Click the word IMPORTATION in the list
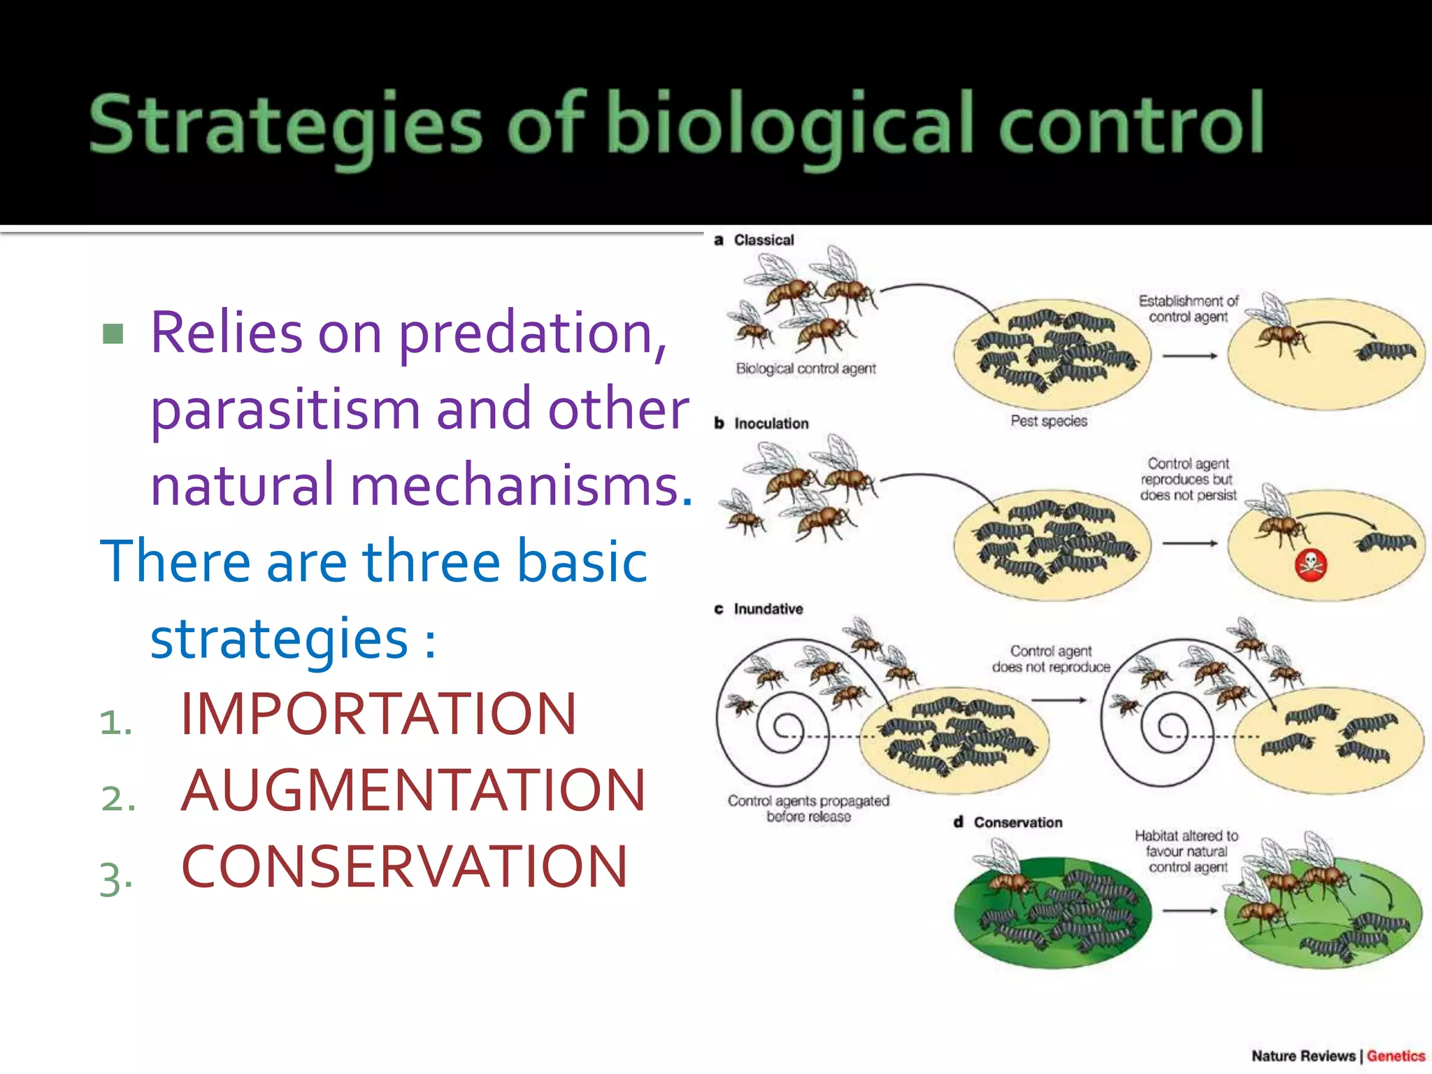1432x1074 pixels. (x=378, y=714)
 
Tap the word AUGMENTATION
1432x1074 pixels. (x=413, y=790)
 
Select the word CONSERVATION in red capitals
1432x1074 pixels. (x=404, y=866)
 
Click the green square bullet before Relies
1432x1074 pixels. (x=113, y=334)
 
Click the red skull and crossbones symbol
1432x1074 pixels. (x=1311, y=565)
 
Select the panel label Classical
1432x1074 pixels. (x=764, y=240)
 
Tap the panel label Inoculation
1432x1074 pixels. (x=771, y=423)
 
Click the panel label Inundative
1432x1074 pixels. (x=768, y=609)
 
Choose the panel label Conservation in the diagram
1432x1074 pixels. (x=1017, y=822)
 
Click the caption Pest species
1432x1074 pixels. (x=1049, y=421)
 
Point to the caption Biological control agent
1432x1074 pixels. (x=805, y=368)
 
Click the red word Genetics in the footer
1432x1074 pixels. (x=1396, y=1056)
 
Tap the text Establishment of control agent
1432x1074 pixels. (x=1188, y=308)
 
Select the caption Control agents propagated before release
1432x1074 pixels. (x=808, y=808)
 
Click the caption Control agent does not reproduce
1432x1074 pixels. (x=1051, y=659)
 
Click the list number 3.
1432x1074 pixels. (x=115, y=879)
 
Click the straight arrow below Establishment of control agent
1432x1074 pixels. (x=1189, y=356)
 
